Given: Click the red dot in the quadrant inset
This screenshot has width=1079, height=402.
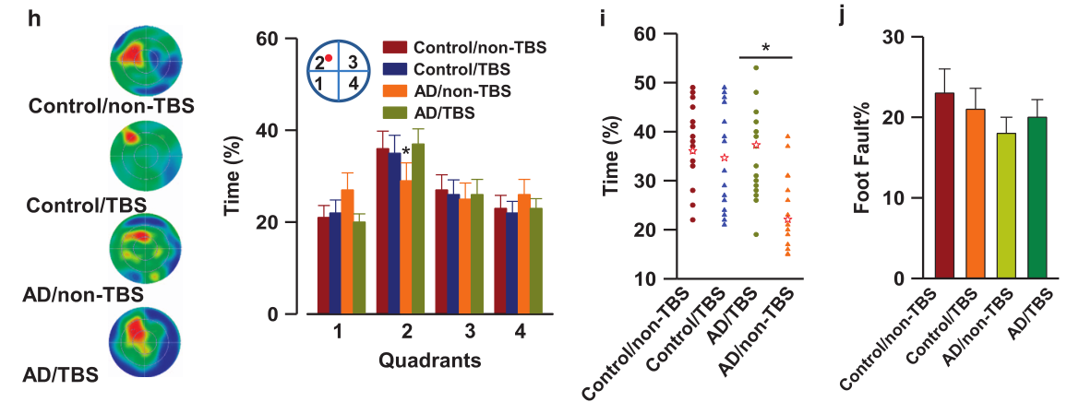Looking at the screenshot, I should [329, 59].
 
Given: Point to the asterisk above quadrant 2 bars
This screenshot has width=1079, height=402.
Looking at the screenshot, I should [405, 140].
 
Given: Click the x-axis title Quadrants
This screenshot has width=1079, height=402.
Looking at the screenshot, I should [429, 361].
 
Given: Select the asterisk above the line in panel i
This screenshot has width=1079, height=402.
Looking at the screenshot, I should [766, 48].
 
